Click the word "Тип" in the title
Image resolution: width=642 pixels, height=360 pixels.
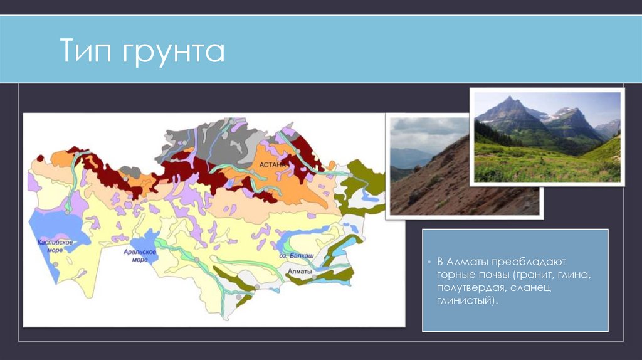click(x=86, y=51)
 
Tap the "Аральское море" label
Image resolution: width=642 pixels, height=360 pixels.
click(x=135, y=257)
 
